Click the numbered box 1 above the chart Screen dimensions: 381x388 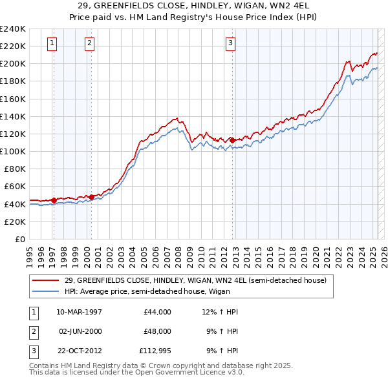pyautogui.click(x=52, y=43)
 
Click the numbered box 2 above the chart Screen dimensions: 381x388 pyautogui.click(x=89, y=43)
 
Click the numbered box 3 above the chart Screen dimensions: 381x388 pyautogui.click(x=230, y=43)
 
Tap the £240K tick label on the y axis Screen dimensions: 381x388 pyautogui.click(x=13, y=28)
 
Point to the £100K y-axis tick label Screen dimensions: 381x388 pyautogui.click(x=13, y=151)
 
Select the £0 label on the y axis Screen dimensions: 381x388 pyautogui.click(x=20, y=239)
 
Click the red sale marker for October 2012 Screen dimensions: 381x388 pyautogui.click(x=232, y=139)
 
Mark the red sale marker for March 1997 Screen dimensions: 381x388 pyautogui.click(x=53, y=200)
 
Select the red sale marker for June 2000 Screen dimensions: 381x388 pyautogui.click(x=91, y=197)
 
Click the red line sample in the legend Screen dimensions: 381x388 pyautogui.click(x=47, y=281)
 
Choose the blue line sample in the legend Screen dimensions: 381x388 pyautogui.click(x=47, y=291)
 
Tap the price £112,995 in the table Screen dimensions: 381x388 pyautogui.click(x=154, y=351)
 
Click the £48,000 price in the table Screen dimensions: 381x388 pyautogui.click(x=156, y=331)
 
